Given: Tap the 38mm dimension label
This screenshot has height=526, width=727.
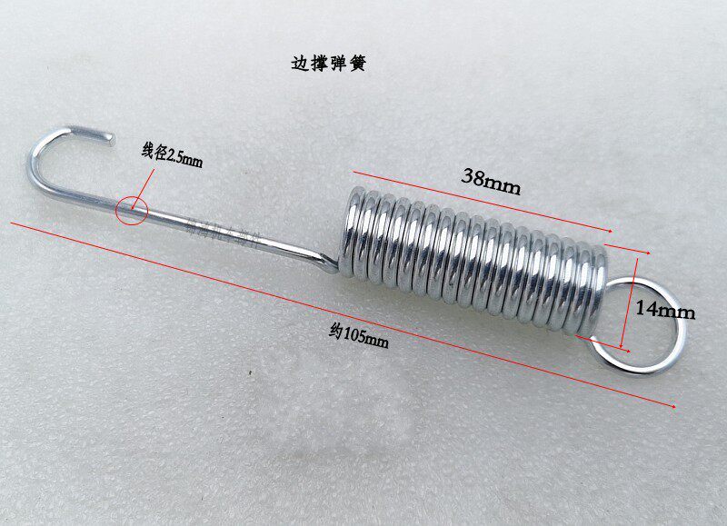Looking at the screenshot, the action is click(491, 178).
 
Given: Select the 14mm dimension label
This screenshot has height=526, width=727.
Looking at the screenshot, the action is click(664, 311).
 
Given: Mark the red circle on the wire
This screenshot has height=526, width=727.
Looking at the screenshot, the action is click(131, 211).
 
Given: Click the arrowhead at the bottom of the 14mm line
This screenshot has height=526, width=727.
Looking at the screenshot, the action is click(623, 348).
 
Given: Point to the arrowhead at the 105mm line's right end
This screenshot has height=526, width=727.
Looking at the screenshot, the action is click(673, 406).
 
